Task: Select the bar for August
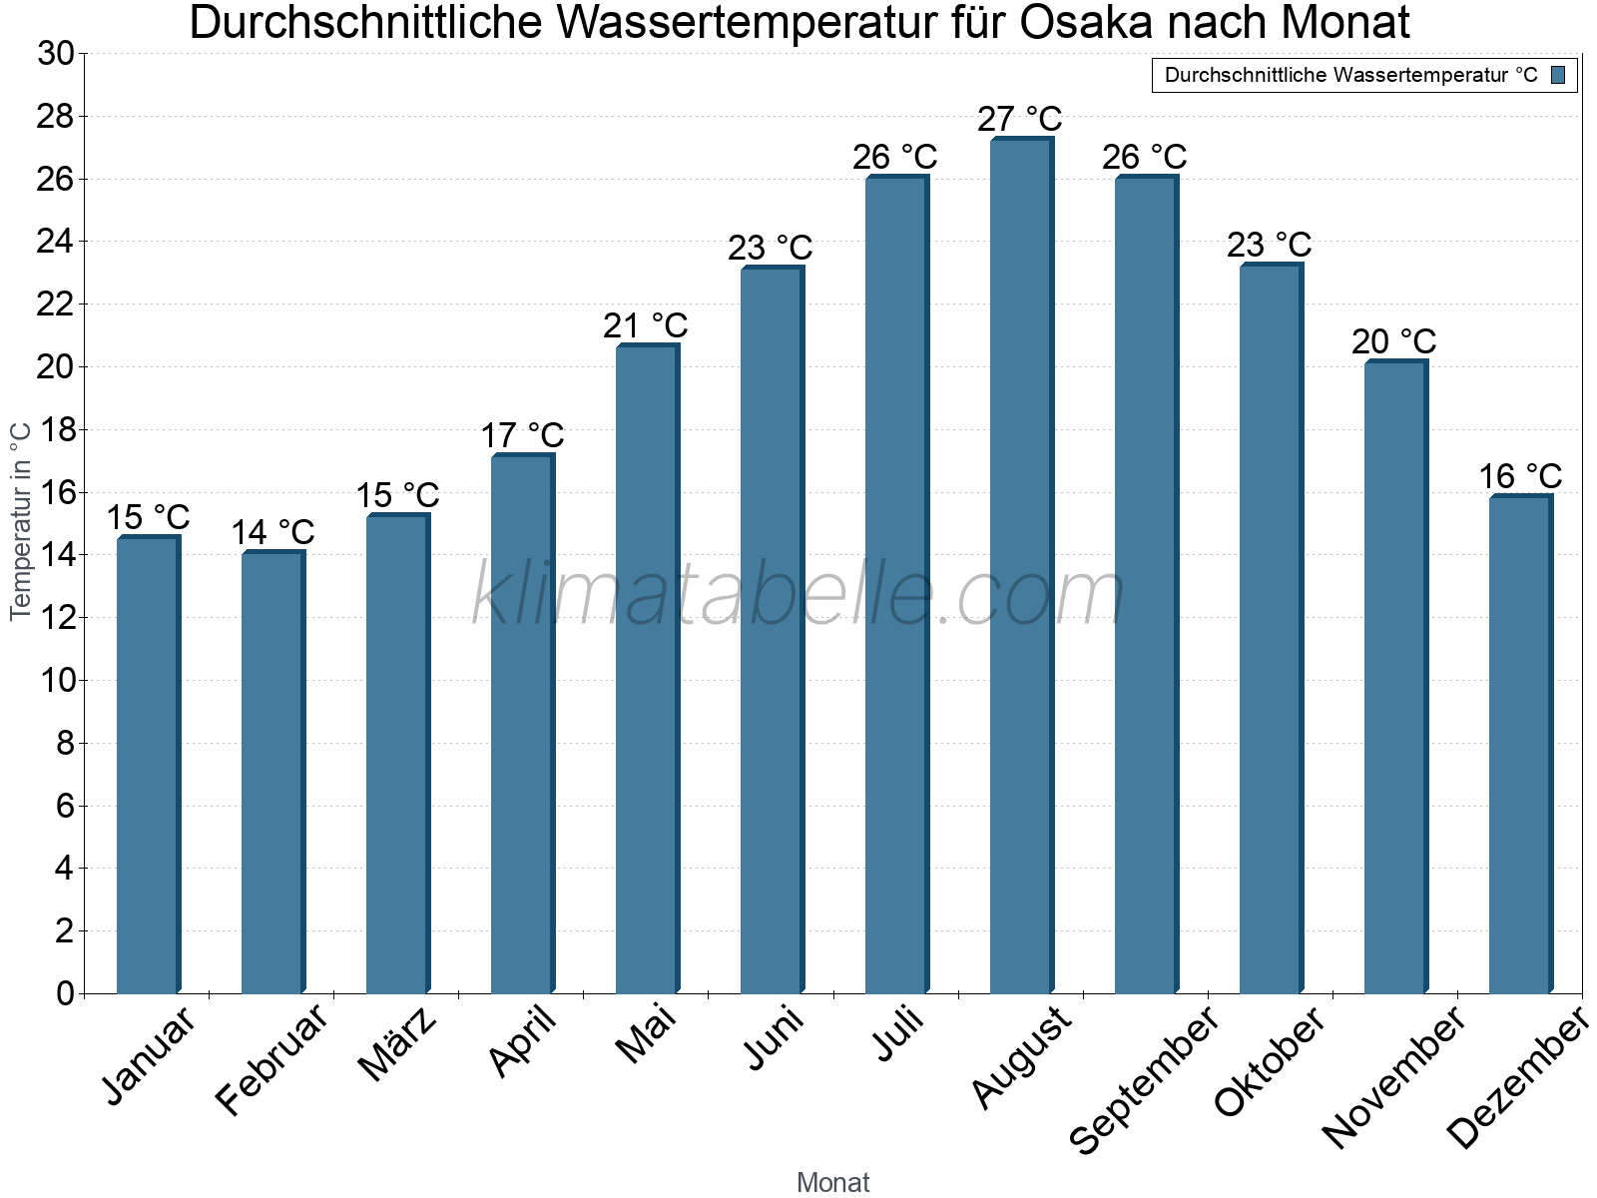[x=1020, y=566]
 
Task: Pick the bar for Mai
[x=646, y=669]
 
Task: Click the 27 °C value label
[x=1020, y=119]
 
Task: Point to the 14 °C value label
[x=272, y=532]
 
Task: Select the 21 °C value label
[x=646, y=325]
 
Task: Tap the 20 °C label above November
[x=1394, y=341]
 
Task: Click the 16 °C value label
[x=1520, y=476]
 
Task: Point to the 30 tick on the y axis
[x=56, y=53]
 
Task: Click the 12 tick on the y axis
[x=56, y=618]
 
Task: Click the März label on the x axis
[x=397, y=1045]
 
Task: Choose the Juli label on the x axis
[x=898, y=1034]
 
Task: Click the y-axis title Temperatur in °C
[x=21, y=520]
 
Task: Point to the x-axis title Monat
[x=833, y=1183]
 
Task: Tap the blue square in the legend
[x=1558, y=75]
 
